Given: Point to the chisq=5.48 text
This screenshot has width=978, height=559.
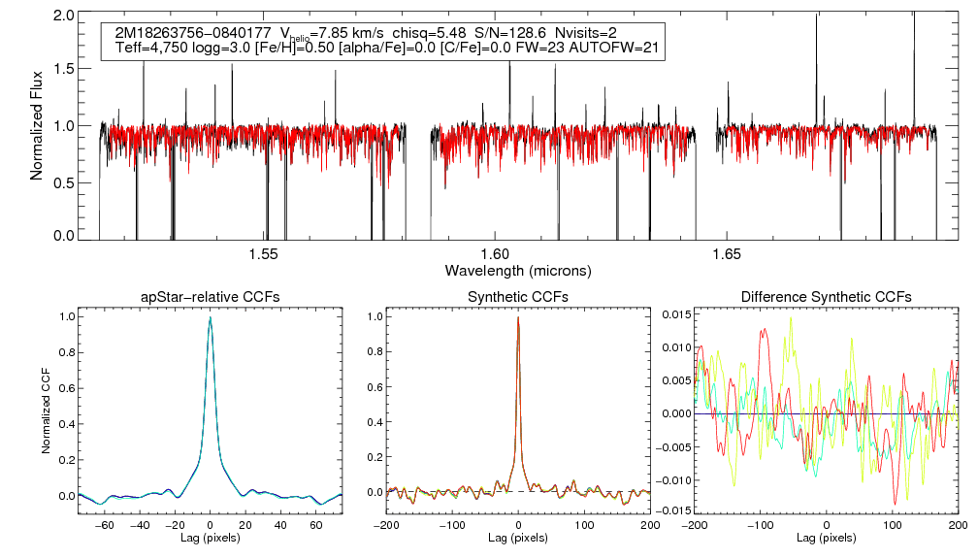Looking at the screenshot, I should point(430,33).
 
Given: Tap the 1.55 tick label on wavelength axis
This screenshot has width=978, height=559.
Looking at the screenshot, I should point(264,254).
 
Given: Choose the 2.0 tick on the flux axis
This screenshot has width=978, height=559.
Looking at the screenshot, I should point(66,16).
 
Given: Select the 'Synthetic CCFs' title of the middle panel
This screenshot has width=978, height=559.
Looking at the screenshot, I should point(518,297).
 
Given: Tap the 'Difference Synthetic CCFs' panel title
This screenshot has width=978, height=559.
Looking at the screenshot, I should point(826,297).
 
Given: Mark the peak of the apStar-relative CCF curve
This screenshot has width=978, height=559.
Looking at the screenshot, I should point(210,317).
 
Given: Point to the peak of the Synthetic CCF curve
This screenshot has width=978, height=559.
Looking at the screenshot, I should point(518,317).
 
